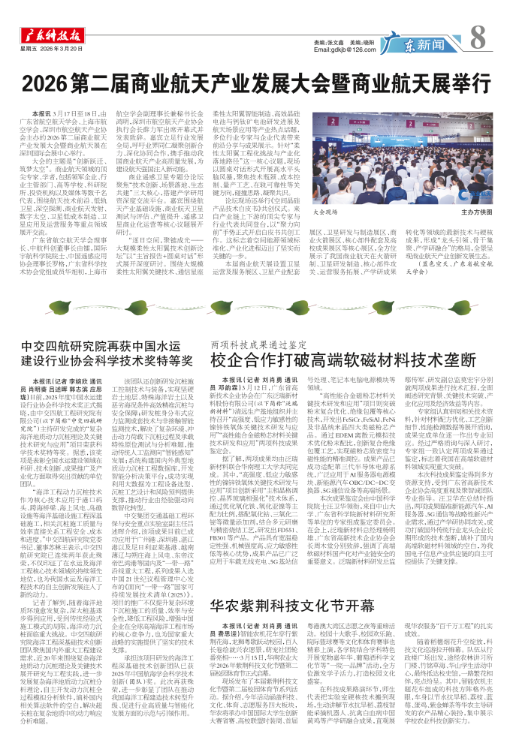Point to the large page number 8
coord(481,35)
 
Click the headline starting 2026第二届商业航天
coord(255,81)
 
